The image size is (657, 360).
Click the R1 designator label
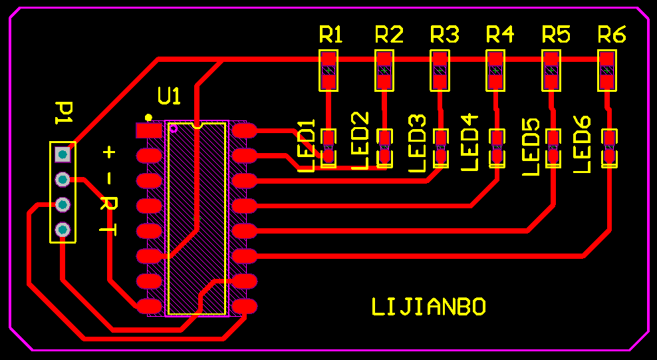coord(330,35)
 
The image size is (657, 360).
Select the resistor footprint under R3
coord(440,71)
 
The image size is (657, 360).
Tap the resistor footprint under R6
coord(606,71)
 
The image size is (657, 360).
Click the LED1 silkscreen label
coord(306,146)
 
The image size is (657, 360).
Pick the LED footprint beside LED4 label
coord(496,148)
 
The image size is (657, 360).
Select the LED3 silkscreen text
coord(418,144)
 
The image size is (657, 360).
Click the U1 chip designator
coord(169,96)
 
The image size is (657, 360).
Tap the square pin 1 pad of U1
coord(148,130)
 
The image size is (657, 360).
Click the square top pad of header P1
coord(63,154)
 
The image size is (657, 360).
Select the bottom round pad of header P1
coord(63,230)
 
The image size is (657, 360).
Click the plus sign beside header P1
coord(108,152)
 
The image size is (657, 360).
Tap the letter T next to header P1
coord(108,229)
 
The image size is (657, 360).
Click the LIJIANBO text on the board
coord(428,307)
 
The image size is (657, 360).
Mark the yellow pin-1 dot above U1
coord(148,118)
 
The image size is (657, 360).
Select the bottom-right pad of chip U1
coord(245,306)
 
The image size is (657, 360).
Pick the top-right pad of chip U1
coord(245,130)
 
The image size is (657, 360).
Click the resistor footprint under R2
coord(384,71)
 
